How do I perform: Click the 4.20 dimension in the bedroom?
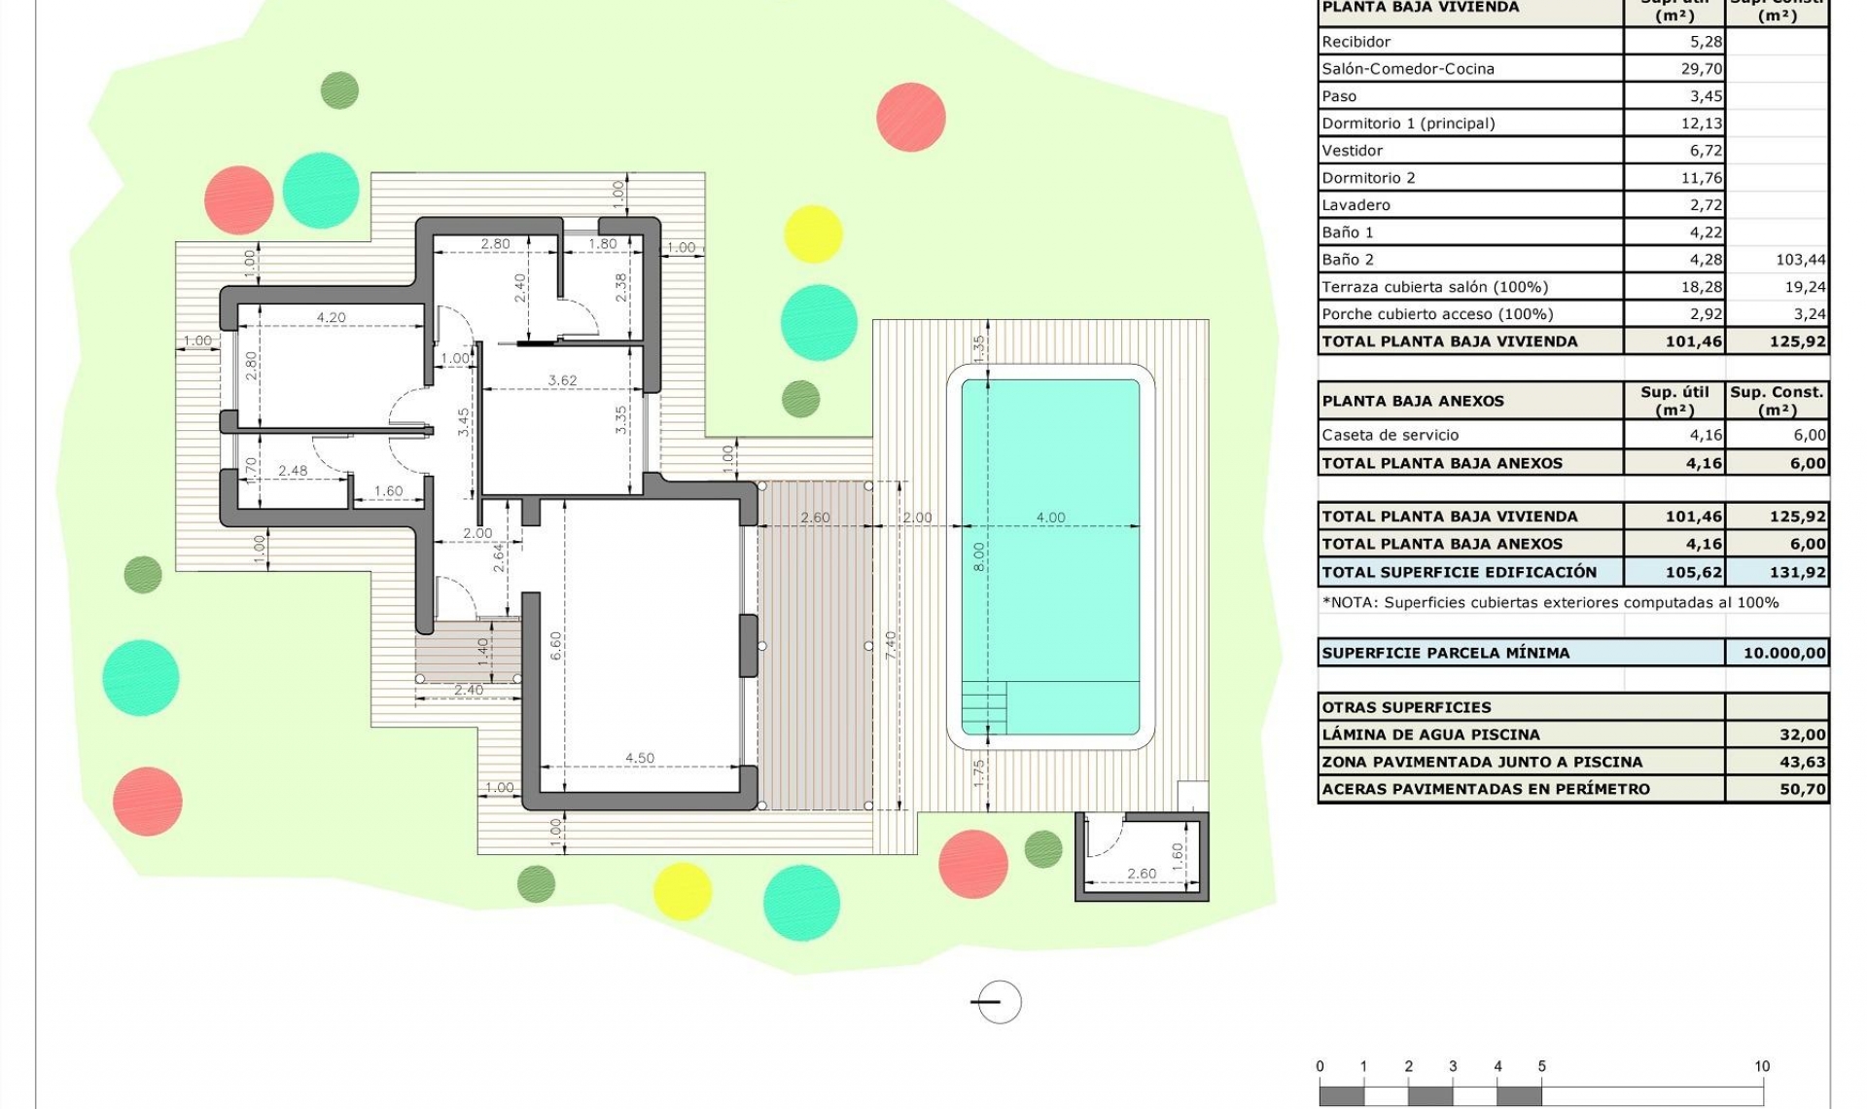click(x=331, y=317)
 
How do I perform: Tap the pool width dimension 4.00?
click(x=1050, y=518)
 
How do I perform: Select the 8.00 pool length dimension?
click(x=979, y=556)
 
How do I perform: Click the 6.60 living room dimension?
click(x=555, y=646)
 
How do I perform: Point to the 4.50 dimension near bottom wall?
click(x=639, y=758)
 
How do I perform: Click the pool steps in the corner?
click(x=984, y=707)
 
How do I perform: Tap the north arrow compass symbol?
click(x=998, y=1002)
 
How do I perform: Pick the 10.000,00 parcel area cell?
click(x=1783, y=653)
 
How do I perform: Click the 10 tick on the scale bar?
click(x=1761, y=1066)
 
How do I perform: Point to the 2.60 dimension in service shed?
click(x=1142, y=874)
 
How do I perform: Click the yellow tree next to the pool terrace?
click(x=813, y=233)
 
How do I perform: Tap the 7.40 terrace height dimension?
click(x=891, y=646)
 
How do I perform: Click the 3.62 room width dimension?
click(x=562, y=380)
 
